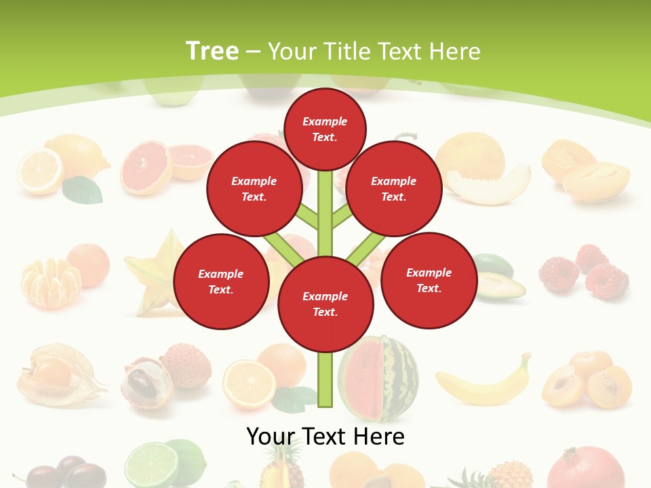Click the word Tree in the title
212,51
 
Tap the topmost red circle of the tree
325,129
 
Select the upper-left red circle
254,189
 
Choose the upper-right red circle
394,189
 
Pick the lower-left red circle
221,282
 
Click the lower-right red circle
429,281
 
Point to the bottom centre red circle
325,304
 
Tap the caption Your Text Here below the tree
325,436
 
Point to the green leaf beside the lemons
83,190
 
